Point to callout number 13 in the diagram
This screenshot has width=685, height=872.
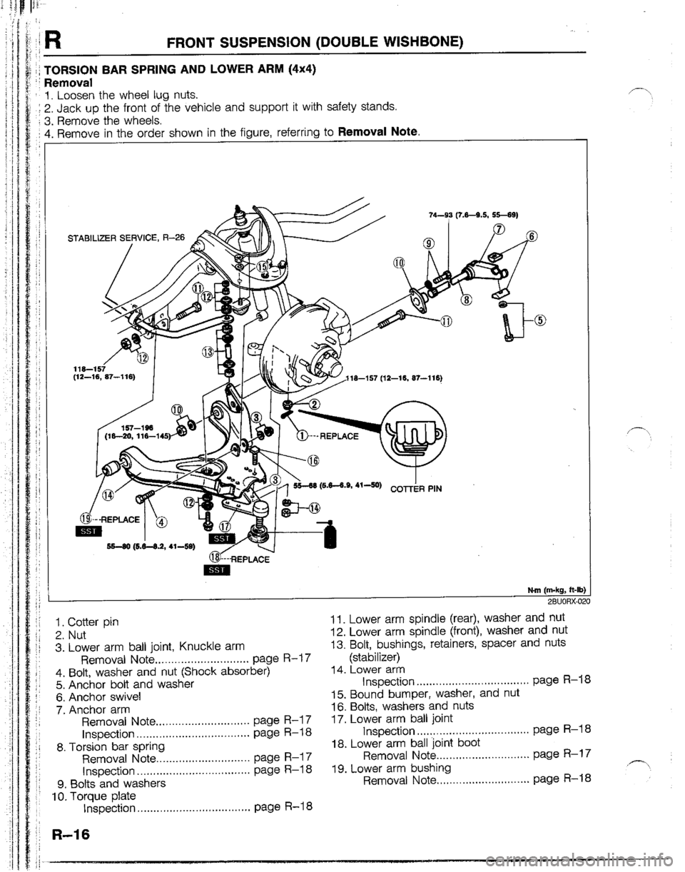pos(208,351)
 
